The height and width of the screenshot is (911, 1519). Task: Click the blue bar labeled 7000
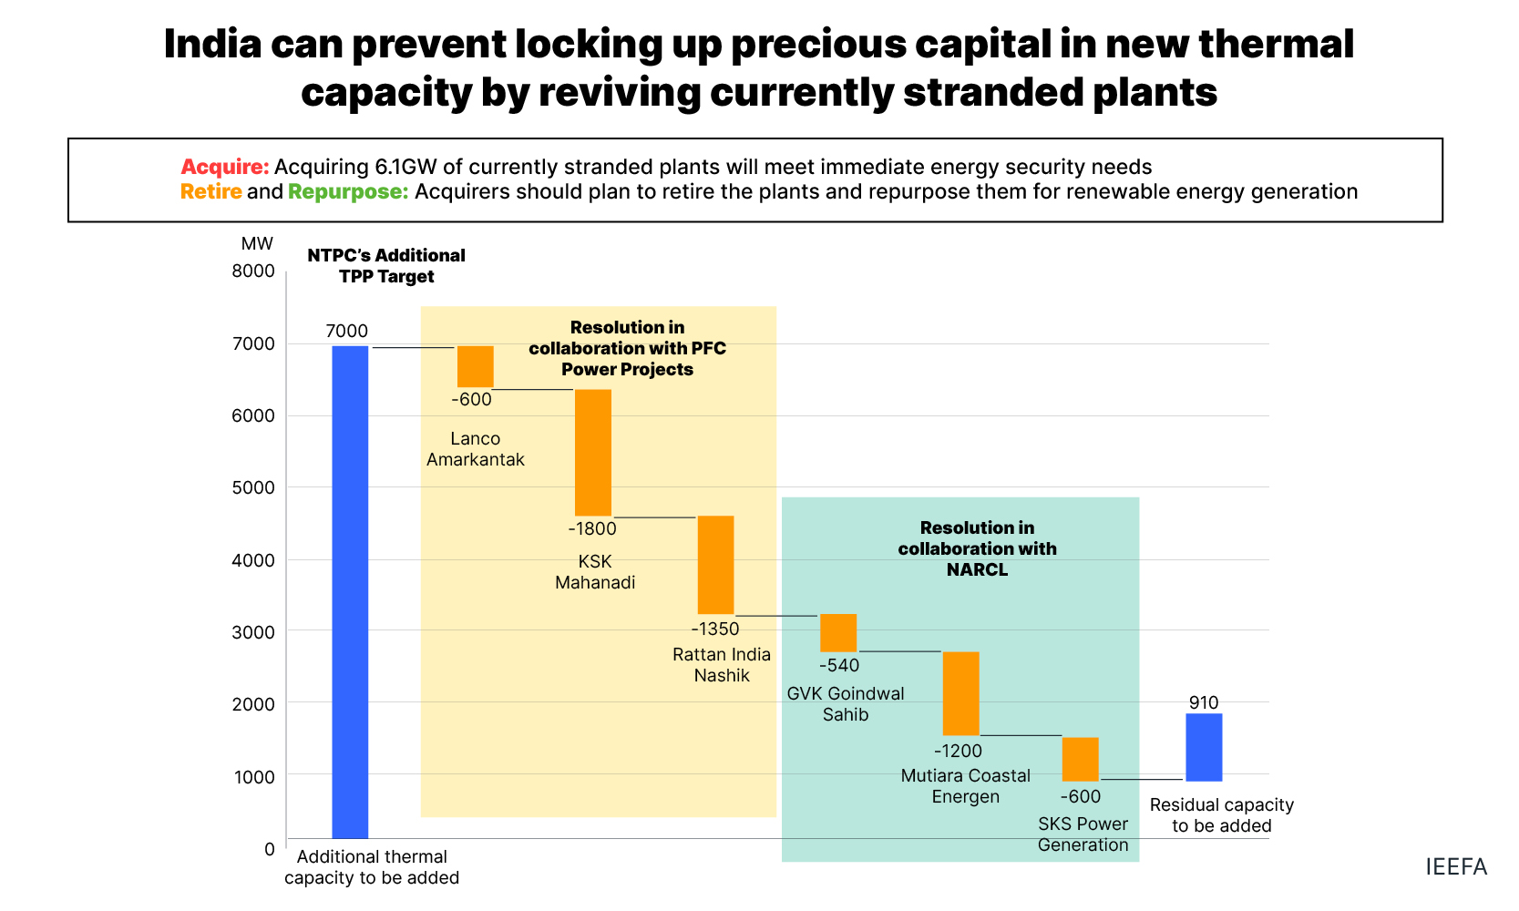[x=350, y=592]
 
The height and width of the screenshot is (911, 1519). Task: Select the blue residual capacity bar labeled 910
[x=1204, y=747]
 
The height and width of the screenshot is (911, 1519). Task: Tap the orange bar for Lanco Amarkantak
[x=475, y=366]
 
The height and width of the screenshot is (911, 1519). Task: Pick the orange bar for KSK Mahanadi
[x=593, y=453]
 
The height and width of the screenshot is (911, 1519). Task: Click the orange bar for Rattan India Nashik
[x=715, y=565]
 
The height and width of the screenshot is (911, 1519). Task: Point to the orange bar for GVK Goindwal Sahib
[x=838, y=632]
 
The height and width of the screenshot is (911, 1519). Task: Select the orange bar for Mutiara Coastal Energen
[x=960, y=693]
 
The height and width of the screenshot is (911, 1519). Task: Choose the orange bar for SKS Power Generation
[x=1081, y=759]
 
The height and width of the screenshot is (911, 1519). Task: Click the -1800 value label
[x=592, y=529]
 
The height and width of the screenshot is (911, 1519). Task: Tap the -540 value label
[x=839, y=666]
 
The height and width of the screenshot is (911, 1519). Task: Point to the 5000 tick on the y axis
[x=253, y=487]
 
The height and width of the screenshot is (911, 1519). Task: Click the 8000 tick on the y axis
[x=253, y=271]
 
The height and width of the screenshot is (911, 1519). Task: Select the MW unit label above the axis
[x=257, y=243]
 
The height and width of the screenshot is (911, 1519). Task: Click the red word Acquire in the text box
[x=224, y=167]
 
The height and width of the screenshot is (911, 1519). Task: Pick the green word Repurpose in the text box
[x=348, y=191]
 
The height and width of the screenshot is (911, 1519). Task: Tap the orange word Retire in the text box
[x=210, y=191]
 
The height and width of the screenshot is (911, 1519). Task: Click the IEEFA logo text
[x=1456, y=866]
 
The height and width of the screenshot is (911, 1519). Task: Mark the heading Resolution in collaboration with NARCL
[x=977, y=548]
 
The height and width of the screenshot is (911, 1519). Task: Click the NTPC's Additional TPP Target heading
[x=386, y=266]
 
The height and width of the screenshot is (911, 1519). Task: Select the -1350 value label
[x=715, y=630]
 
